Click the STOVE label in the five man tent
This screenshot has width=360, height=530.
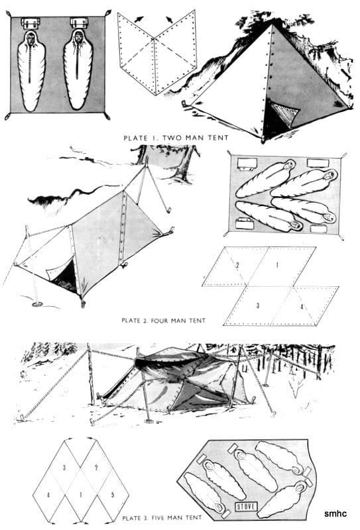click(x=247, y=506)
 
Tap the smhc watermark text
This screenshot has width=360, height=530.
click(x=335, y=514)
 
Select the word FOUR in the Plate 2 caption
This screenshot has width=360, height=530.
click(x=159, y=320)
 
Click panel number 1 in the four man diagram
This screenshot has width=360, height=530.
click(x=277, y=265)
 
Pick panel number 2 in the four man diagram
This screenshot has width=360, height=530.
click(x=237, y=266)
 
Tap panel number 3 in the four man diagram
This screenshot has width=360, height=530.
click(x=258, y=305)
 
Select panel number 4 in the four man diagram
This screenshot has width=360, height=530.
click(x=302, y=307)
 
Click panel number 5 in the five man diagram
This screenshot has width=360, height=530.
click(x=113, y=495)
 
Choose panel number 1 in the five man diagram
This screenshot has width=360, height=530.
click(x=80, y=495)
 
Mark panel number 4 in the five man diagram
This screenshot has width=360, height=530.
click(x=48, y=495)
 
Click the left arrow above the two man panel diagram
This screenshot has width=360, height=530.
click(x=139, y=19)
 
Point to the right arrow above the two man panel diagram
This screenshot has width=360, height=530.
click(x=169, y=20)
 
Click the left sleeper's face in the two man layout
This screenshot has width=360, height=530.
click(x=31, y=40)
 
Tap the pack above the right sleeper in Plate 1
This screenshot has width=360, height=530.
click(x=79, y=23)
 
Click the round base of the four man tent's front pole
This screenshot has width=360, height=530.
click(x=37, y=304)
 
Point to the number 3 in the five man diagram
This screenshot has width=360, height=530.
click(x=64, y=468)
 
